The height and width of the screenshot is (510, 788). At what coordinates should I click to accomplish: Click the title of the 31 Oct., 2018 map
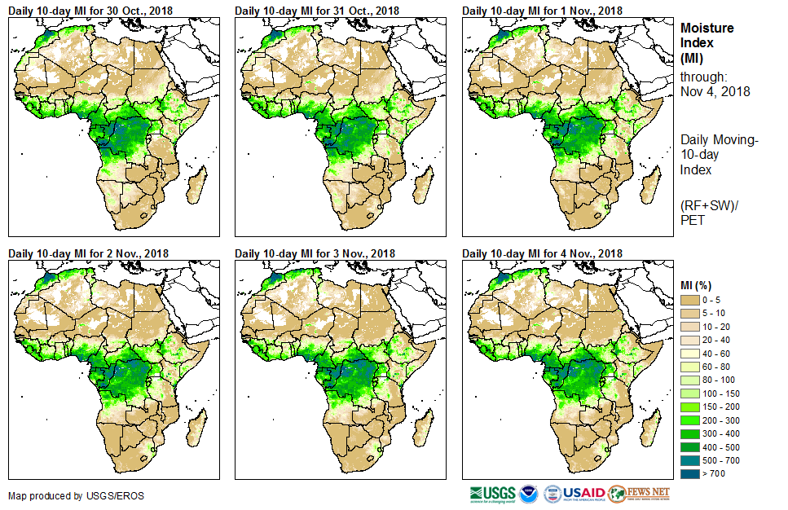[317, 10]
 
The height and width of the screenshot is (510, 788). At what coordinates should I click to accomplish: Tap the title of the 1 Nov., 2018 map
[542, 10]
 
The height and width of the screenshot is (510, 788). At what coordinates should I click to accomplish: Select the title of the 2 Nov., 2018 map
[88, 253]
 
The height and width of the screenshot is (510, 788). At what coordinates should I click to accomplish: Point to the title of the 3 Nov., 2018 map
[315, 253]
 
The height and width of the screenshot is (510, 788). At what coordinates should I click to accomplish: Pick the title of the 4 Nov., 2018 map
[542, 253]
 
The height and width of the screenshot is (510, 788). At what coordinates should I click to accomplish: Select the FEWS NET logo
[641, 494]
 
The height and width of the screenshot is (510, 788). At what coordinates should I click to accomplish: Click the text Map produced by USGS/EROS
[66, 495]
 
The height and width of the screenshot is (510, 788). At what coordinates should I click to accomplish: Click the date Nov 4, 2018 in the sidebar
[715, 92]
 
